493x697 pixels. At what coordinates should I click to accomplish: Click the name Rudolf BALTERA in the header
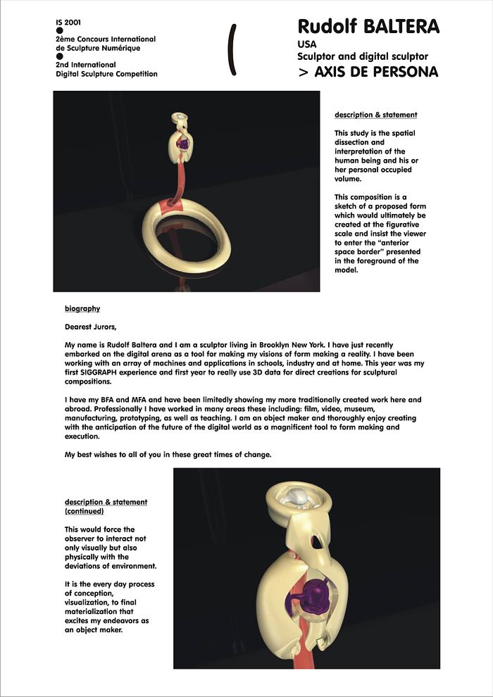point(368,27)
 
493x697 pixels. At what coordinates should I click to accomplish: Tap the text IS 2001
point(68,23)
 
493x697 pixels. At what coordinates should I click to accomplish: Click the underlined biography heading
point(82,308)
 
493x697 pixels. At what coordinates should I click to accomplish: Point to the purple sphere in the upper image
point(183,145)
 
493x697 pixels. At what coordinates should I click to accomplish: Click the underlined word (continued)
point(84,511)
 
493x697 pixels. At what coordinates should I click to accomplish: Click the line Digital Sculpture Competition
point(106,74)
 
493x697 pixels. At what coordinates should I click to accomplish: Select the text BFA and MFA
point(113,399)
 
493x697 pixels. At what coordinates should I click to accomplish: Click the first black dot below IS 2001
point(60,31)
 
